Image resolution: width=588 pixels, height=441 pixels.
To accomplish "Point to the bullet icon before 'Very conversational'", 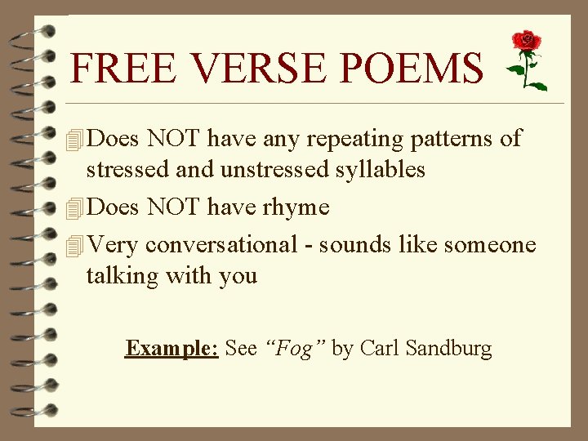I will pyautogui.click(x=76, y=244).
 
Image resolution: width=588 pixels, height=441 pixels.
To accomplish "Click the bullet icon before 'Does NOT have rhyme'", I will pyautogui.click(x=76, y=207).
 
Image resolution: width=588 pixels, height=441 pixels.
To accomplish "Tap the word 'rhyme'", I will pyautogui.click(x=296, y=207).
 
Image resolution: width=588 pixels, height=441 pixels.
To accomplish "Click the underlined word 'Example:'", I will pyautogui.click(x=171, y=349).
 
